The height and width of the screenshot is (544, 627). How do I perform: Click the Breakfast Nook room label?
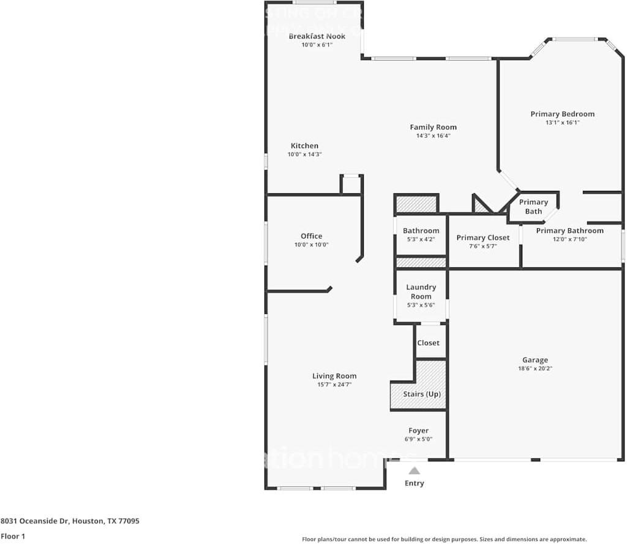(x=317, y=36)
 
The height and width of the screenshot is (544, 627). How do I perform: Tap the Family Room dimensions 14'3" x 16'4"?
(x=433, y=136)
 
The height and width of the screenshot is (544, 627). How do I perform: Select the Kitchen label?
(x=304, y=146)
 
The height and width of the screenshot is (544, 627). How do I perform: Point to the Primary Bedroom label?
(x=562, y=114)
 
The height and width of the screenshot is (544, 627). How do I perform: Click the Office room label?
(x=311, y=236)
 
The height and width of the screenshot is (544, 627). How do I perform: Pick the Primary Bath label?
(x=533, y=207)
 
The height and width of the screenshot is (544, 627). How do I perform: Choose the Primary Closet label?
(x=482, y=237)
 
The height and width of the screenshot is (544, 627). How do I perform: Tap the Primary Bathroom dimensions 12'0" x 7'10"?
(x=569, y=239)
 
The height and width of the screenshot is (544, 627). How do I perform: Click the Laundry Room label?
(x=421, y=291)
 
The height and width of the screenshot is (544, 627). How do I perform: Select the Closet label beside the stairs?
(x=428, y=343)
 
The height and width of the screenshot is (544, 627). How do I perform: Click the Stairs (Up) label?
(x=421, y=394)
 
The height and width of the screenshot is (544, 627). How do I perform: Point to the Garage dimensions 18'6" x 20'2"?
(x=535, y=368)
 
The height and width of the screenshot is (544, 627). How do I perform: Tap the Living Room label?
(x=334, y=376)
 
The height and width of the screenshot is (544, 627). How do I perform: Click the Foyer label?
(x=419, y=431)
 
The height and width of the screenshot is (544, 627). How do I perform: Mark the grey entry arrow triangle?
(x=415, y=471)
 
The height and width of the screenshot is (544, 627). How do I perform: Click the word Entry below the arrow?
(x=414, y=483)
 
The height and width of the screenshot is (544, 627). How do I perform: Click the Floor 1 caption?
(x=13, y=537)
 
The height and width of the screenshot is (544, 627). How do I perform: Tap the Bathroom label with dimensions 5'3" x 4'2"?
(x=421, y=231)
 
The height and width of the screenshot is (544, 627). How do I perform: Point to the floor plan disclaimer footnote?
(x=445, y=539)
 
